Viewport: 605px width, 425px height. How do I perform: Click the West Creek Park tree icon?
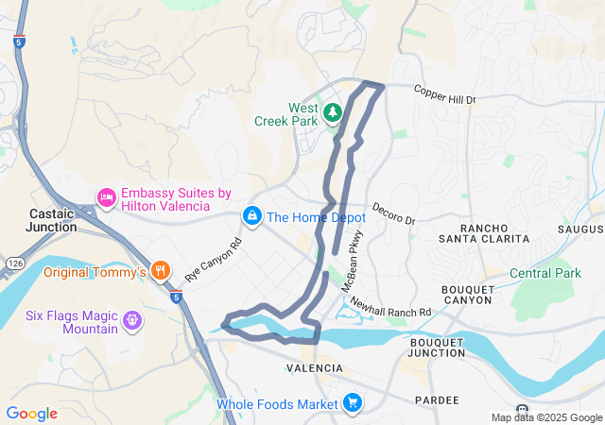click(332, 114)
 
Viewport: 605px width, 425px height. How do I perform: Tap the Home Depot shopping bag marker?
click(252, 217)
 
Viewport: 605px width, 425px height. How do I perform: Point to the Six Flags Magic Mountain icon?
click(131, 321)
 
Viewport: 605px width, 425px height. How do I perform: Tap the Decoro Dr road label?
click(393, 213)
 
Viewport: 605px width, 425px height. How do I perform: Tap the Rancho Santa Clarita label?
click(494, 233)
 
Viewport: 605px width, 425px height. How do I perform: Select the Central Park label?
click(545, 274)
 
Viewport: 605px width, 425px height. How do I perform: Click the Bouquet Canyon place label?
click(467, 294)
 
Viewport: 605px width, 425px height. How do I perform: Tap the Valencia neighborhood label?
click(313, 366)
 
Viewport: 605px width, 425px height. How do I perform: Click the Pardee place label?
click(436, 400)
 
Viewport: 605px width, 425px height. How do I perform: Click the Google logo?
click(31, 414)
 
